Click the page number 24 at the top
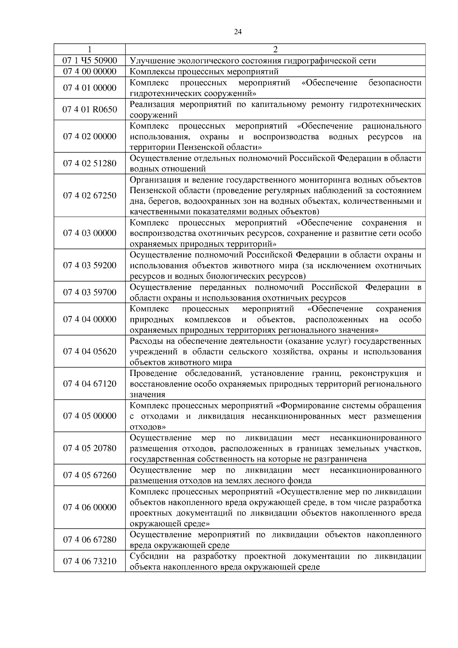point(237,32)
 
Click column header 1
point(90,50)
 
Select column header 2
point(275,50)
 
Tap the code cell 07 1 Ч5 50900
point(90,61)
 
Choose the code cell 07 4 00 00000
point(90,72)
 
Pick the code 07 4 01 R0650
point(90,110)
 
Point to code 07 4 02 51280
point(90,164)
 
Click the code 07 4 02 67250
point(90,196)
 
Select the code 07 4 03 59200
point(90,266)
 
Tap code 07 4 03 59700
point(90,293)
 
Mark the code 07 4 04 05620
point(90,351)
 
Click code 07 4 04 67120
point(90,384)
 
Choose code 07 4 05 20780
point(90,448)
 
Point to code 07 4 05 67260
point(90,476)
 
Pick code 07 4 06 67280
point(90,540)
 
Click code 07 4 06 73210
point(90,561)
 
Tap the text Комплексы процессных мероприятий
point(204,72)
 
